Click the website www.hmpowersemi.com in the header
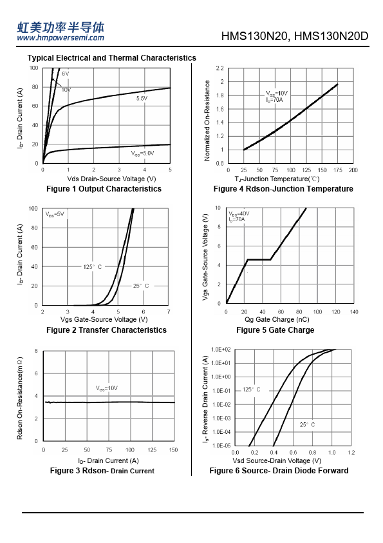[x=61, y=38]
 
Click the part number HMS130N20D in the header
[x=331, y=36]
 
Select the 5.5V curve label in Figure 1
[x=142, y=99]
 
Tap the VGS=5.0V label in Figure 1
[x=142, y=153]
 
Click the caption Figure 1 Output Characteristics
[x=104, y=189]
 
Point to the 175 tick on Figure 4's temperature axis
[x=338, y=170]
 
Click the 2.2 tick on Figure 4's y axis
[x=220, y=68]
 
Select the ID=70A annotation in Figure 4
[x=274, y=100]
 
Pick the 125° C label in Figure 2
[x=93, y=266]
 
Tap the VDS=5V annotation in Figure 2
[x=55, y=214]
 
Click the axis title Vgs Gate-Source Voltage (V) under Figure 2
[x=104, y=319]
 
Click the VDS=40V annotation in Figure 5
[x=239, y=213]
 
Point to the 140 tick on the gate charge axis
[x=354, y=311]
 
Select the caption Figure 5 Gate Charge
[x=275, y=330]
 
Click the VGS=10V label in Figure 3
[x=106, y=388]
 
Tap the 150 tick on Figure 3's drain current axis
[x=173, y=450]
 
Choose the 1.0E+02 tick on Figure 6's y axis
[x=221, y=350]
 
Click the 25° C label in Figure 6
[x=307, y=424]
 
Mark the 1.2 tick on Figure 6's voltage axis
[x=351, y=452]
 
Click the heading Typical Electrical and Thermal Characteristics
[x=111, y=58]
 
